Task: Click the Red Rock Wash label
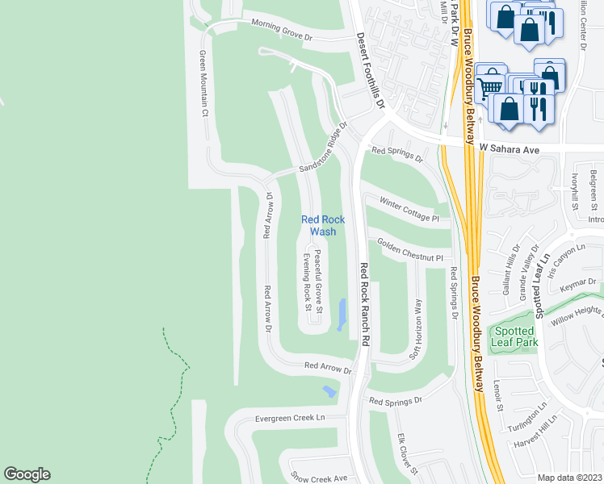click(x=323, y=225)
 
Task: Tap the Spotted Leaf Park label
click(x=514, y=337)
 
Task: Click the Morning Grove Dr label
click(x=281, y=31)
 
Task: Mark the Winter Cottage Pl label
click(x=409, y=212)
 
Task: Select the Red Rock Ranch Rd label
click(x=363, y=304)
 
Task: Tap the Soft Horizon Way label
click(x=417, y=329)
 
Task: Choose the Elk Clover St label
click(x=406, y=453)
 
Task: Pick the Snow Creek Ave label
click(x=318, y=478)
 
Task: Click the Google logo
click(x=27, y=474)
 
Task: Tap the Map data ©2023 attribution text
click(x=569, y=478)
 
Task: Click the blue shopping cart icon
click(x=489, y=86)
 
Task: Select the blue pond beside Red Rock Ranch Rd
click(x=342, y=315)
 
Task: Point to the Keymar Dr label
click(x=581, y=284)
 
